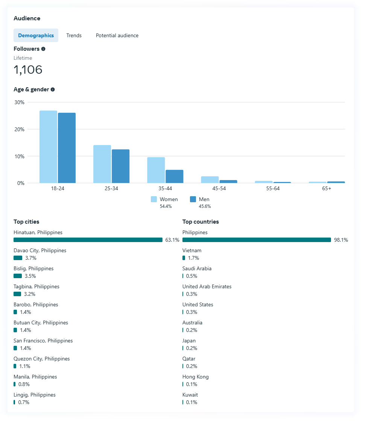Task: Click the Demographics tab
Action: pyautogui.click(x=36, y=35)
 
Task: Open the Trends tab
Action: pyautogui.click(x=74, y=35)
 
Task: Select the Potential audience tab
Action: pyautogui.click(x=117, y=35)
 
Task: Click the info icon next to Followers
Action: pyautogui.click(x=43, y=49)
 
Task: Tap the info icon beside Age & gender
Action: pyautogui.click(x=53, y=89)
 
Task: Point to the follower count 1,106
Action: pyautogui.click(x=28, y=70)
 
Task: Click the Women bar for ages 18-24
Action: pyautogui.click(x=48, y=147)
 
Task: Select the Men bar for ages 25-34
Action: pyautogui.click(x=120, y=166)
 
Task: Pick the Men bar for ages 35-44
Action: pyautogui.click(x=175, y=176)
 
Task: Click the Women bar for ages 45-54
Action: pyautogui.click(x=210, y=180)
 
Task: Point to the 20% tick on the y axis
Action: pyautogui.click(x=19, y=129)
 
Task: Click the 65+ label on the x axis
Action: pyautogui.click(x=326, y=188)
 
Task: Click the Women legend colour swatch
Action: pyautogui.click(x=154, y=199)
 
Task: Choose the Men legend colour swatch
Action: pyautogui.click(x=193, y=199)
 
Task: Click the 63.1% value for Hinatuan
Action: pyautogui.click(x=172, y=240)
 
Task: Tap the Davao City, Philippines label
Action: pyautogui.click(x=40, y=250)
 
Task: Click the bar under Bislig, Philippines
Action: pyautogui.click(x=18, y=276)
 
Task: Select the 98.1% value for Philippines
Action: pyautogui.click(x=341, y=240)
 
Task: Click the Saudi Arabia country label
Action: pyautogui.click(x=197, y=268)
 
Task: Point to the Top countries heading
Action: pyautogui.click(x=200, y=222)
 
